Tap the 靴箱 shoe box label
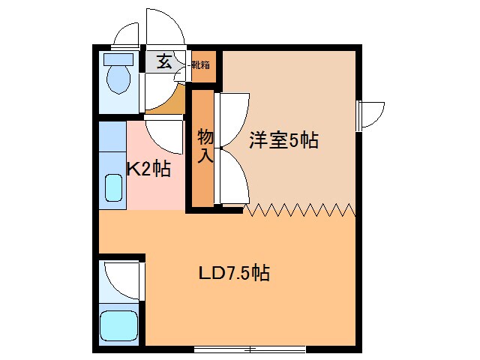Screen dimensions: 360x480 tap(201, 64)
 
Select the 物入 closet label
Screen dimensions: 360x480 tap(205, 146)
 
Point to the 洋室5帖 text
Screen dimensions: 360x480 tap(284, 139)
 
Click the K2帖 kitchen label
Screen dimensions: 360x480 tap(148, 169)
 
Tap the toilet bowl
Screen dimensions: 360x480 tap(118, 79)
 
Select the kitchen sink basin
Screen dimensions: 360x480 tap(113, 188)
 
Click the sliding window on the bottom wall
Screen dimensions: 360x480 tap(250, 349)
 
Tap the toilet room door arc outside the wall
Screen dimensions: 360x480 tap(127, 34)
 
